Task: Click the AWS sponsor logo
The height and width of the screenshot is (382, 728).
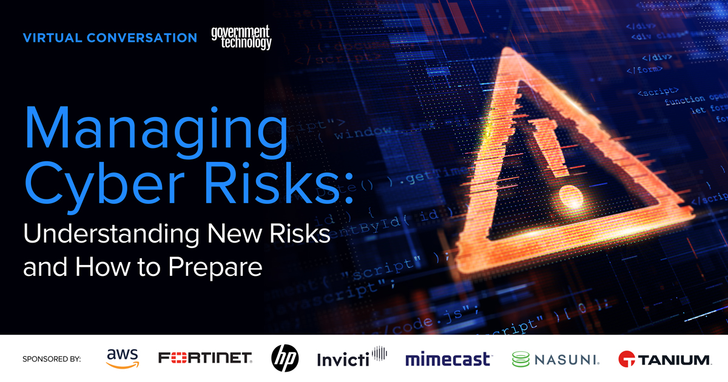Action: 123,358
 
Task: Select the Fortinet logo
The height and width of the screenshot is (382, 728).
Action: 205,359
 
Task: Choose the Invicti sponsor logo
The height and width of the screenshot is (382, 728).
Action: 352,358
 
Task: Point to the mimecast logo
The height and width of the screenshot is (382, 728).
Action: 448,359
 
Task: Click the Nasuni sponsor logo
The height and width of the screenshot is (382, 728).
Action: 556,359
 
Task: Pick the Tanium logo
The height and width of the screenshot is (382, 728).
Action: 664,359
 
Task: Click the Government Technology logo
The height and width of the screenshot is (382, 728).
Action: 241,38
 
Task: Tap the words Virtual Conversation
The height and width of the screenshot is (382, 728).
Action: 110,38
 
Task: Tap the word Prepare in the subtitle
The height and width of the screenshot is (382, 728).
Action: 217,266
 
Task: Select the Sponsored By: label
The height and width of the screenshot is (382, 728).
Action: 52,359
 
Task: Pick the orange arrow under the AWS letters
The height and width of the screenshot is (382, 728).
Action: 123,366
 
